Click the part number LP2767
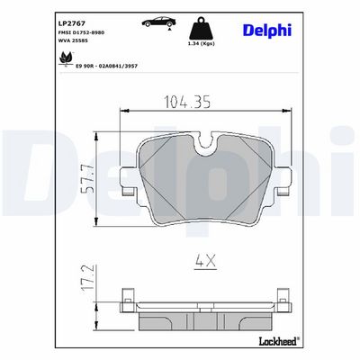(x=67, y=23)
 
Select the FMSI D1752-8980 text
(x=81, y=32)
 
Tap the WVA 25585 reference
(x=72, y=40)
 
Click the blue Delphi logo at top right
(x=267, y=31)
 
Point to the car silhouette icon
(x=159, y=22)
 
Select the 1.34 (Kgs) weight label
(x=202, y=43)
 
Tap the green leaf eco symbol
(x=66, y=58)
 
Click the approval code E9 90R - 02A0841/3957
(x=106, y=66)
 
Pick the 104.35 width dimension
(x=187, y=102)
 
